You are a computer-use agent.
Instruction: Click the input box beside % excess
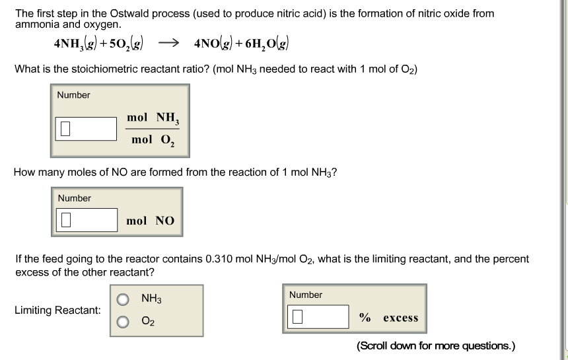tap(318, 318)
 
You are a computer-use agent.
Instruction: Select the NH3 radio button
tap(123, 300)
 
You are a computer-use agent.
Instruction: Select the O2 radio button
tap(123, 322)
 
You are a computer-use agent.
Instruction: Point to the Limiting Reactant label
tap(57, 310)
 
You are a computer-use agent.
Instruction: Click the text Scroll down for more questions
tap(436, 345)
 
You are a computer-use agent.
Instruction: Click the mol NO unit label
tap(151, 221)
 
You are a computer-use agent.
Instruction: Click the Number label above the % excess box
tap(306, 295)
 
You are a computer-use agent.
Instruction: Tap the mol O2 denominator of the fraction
tap(151, 140)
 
